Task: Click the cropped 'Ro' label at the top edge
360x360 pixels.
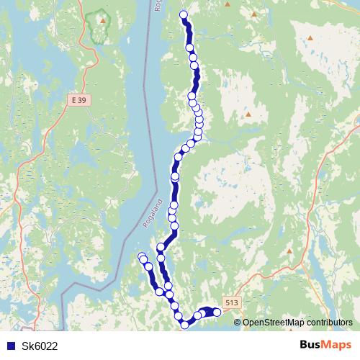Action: pyautogui.click(x=158, y=5)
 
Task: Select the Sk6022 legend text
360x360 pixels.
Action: pyautogui.click(x=40, y=346)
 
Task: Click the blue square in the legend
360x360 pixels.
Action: pyautogui.click(x=9, y=346)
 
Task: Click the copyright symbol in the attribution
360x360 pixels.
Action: pyautogui.click(x=238, y=323)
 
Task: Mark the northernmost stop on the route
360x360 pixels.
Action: pyautogui.click(x=183, y=14)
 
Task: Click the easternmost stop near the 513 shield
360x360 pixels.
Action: pyautogui.click(x=217, y=312)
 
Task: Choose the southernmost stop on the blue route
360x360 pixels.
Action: pyautogui.click(x=184, y=325)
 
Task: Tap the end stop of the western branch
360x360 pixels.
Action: pyautogui.click(x=142, y=256)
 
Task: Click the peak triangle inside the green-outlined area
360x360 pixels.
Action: pyautogui.click(x=103, y=20)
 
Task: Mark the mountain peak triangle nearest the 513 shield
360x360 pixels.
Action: pyautogui.click(x=289, y=251)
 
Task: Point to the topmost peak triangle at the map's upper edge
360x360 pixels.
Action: pyautogui.click(x=228, y=4)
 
